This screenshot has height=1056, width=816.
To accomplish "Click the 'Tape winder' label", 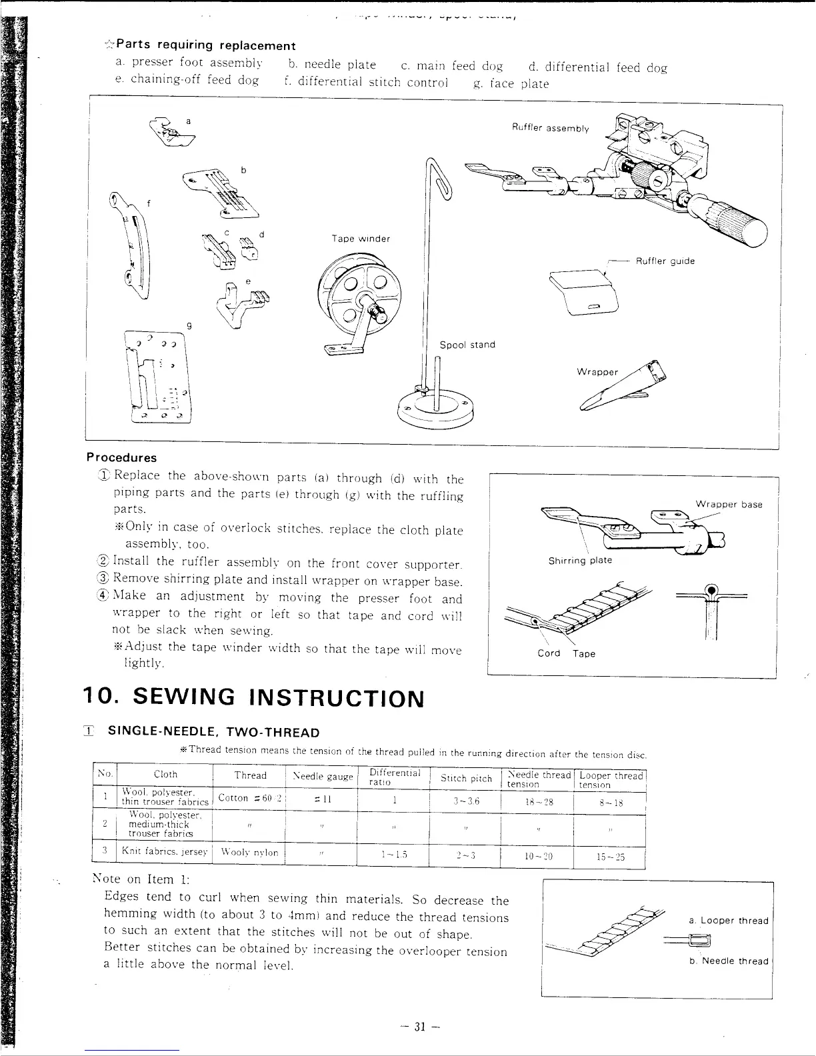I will [x=361, y=239].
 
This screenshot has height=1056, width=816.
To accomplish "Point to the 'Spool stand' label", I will [x=467, y=345].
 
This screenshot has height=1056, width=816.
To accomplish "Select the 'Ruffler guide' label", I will [x=665, y=261].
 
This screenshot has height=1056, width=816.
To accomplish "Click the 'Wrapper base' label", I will [x=728, y=504].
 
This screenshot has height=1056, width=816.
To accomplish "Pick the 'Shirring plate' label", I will [x=579, y=560].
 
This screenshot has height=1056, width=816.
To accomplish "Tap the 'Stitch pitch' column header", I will [x=466, y=779].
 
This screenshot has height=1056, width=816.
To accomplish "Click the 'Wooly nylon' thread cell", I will [x=249, y=853].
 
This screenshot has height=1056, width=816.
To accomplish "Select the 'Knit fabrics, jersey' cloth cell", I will [x=165, y=853].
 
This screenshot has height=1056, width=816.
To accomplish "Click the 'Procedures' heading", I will [x=121, y=458].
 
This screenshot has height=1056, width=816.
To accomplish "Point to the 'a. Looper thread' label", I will [x=729, y=921].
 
